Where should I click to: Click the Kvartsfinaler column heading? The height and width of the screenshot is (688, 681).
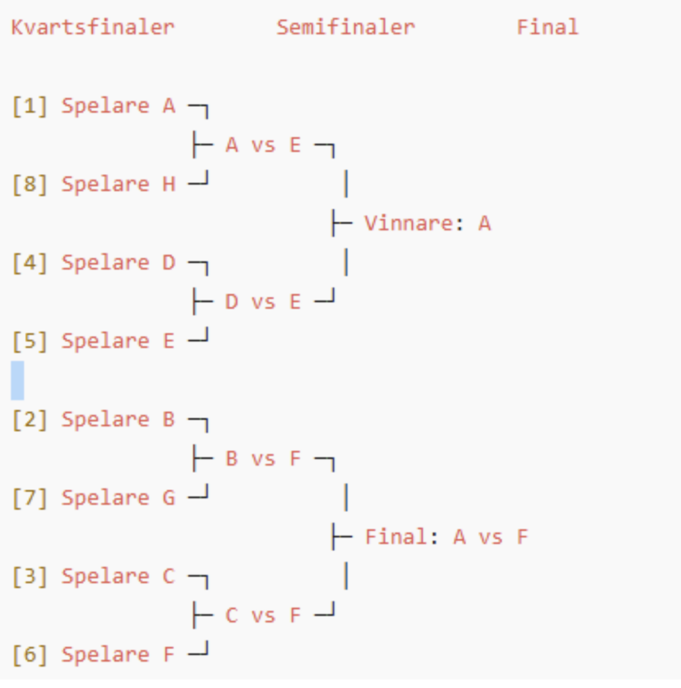click(x=93, y=28)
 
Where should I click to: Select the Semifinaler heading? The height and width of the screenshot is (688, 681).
click(x=345, y=28)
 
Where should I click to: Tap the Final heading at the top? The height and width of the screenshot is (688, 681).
click(x=547, y=28)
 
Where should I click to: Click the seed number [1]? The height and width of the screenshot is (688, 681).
click(x=30, y=106)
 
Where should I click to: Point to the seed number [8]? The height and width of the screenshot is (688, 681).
click(x=30, y=184)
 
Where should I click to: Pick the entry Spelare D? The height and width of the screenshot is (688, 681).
click(x=118, y=263)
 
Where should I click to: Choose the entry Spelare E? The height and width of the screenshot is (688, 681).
click(x=118, y=341)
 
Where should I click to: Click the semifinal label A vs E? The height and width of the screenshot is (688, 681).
click(x=263, y=145)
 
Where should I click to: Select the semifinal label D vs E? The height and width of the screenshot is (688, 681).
click(x=263, y=302)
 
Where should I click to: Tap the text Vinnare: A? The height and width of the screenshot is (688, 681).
click(x=428, y=224)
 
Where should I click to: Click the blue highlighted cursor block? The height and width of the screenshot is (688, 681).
click(x=17, y=380)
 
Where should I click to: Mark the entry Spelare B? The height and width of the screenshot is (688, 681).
click(x=118, y=420)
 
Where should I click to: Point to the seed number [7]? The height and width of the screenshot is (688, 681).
click(x=30, y=498)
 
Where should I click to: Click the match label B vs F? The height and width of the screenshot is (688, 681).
click(x=263, y=459)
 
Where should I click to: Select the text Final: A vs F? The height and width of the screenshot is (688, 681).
click(x=447, y=537)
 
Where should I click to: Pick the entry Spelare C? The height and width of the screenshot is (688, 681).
click(x=118, y=576)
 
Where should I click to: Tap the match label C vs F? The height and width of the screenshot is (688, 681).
click(x=263, y=615)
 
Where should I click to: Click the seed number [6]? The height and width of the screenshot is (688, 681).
click(x=30, y=655)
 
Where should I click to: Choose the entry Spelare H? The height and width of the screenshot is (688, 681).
click(x=118, y=184)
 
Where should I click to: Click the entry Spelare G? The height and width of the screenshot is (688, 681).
click(x=118, y=498)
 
